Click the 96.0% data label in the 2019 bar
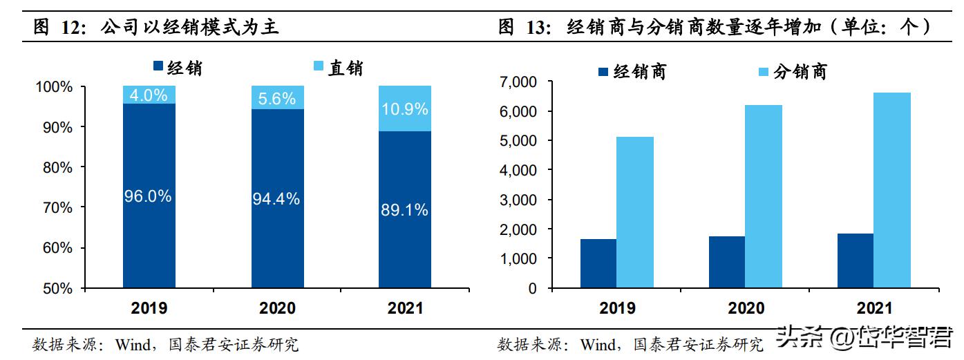click(148, 196)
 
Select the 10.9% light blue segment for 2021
click(405, 108)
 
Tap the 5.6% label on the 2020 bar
click(276, 98)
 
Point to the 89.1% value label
click(405, 210)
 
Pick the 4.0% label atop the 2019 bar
click(149, 95)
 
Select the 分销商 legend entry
click(792, 72)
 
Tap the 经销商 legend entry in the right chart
click(632, 72)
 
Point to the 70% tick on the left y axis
click(53, 207)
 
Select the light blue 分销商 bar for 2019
click(634, 212)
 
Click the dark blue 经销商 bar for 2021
click(856, 260)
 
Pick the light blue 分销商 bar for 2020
click(763, 196)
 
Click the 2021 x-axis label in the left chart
click(404, 308)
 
